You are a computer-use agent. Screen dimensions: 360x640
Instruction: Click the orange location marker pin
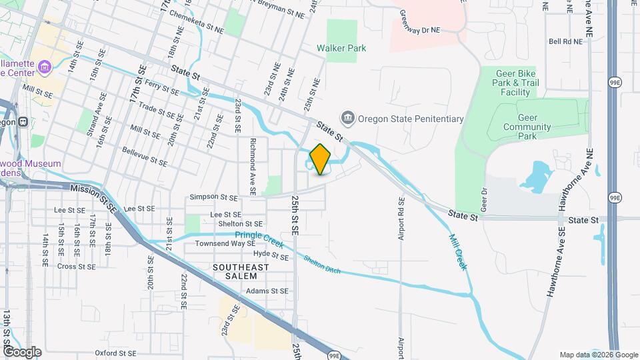[x=320, y=159]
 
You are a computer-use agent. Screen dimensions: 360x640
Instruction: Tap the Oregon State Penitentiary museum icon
[x=347, y=119]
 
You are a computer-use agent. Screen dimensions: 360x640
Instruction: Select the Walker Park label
[x=341, y=49]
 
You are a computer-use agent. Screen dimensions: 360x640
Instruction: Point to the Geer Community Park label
[x=527, y=131]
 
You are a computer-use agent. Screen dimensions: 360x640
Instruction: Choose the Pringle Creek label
[x=259, y=235]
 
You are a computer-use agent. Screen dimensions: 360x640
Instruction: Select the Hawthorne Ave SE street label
[x=556, y=260]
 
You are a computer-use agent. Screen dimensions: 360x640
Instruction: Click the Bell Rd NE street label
[x=565, y=41]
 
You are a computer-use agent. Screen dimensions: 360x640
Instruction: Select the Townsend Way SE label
[x=225, y=244]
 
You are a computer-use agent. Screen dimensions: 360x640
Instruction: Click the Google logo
[x=22, y=352]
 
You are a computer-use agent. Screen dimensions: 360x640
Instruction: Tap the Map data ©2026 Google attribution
[x=597, y=355]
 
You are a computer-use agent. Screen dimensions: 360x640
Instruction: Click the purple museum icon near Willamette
[x=45, y=66]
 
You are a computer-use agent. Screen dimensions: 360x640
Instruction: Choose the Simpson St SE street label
[x=213, y=197]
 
